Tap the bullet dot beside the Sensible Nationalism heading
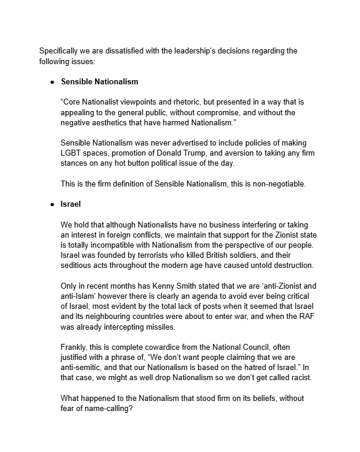pyautogui.click(x=52, y=81)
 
